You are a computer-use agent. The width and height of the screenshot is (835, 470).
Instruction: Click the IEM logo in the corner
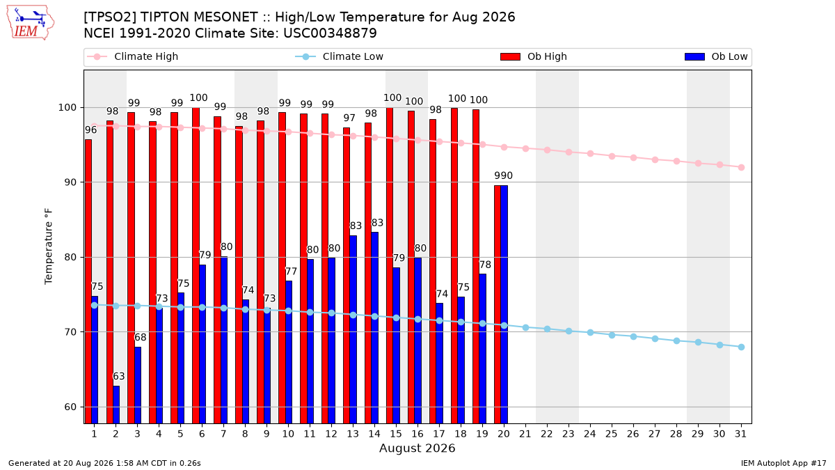(31, 23)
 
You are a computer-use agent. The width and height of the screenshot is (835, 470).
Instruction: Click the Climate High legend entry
(132, 56)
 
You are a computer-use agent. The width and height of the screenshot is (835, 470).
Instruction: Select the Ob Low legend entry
(716, 56)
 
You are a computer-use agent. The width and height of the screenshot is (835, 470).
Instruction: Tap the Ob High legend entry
(534, 56)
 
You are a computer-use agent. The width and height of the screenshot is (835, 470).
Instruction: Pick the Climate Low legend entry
(340, 56)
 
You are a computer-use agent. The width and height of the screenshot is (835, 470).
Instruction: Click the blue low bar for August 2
(116, 405)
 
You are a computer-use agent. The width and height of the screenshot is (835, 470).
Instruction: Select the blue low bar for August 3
(138, 385)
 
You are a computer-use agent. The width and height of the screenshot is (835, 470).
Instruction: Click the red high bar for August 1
(88, 281)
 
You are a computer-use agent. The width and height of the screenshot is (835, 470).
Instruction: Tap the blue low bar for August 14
(375, 328)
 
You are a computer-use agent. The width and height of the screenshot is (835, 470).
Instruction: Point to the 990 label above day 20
(504, 175)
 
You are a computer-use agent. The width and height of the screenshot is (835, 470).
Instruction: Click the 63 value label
(118, 376)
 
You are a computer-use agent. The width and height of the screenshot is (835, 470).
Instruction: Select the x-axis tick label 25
(612, 434)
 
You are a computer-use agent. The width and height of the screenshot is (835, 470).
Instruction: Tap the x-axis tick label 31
(740, 434)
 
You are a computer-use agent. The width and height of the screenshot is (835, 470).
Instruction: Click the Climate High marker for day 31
(742, 168)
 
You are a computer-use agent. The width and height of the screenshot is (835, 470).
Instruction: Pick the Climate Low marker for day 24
(591, 332)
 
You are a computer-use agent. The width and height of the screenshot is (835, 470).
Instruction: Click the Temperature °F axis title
(49, 246)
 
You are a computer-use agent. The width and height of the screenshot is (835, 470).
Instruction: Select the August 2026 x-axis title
(417, 448)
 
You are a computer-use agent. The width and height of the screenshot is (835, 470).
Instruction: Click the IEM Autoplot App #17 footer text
(784, 463)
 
